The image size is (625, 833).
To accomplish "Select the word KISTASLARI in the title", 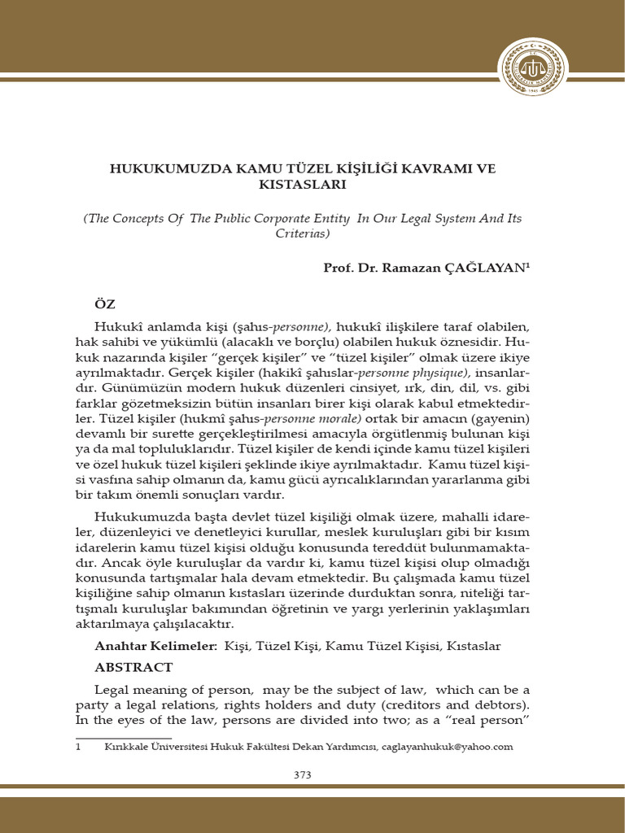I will coord(302,185).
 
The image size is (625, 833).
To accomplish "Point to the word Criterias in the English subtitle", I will coord(299,233).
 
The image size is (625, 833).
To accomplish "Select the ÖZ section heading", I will coord(106,303).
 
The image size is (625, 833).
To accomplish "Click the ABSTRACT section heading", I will coord(133,667).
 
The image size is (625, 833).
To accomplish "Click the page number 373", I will coord(302,774).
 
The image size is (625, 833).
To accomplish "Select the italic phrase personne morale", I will coord(308,417).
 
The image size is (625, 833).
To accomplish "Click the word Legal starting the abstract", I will coord(113,689).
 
